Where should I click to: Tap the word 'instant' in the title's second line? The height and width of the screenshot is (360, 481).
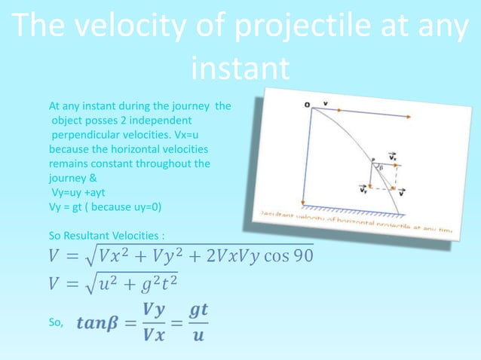coord(240,70)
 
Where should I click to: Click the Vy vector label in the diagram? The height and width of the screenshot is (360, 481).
coord(363,190)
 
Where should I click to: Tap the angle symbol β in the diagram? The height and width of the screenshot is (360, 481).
coord(382,169)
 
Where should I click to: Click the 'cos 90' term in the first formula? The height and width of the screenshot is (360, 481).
coord(290,255)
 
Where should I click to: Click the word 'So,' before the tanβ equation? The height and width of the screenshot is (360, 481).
coord(57,323)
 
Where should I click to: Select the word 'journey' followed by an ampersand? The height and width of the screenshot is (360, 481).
coord(67,179)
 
